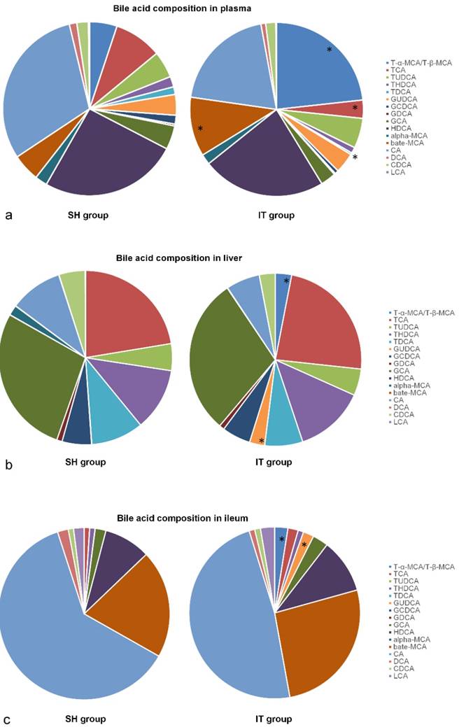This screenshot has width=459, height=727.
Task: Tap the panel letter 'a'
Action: click(x=8, y=215)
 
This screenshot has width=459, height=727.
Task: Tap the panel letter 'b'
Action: click(x=8, y=463)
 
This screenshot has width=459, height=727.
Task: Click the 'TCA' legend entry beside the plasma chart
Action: click(x=397, y=70)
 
